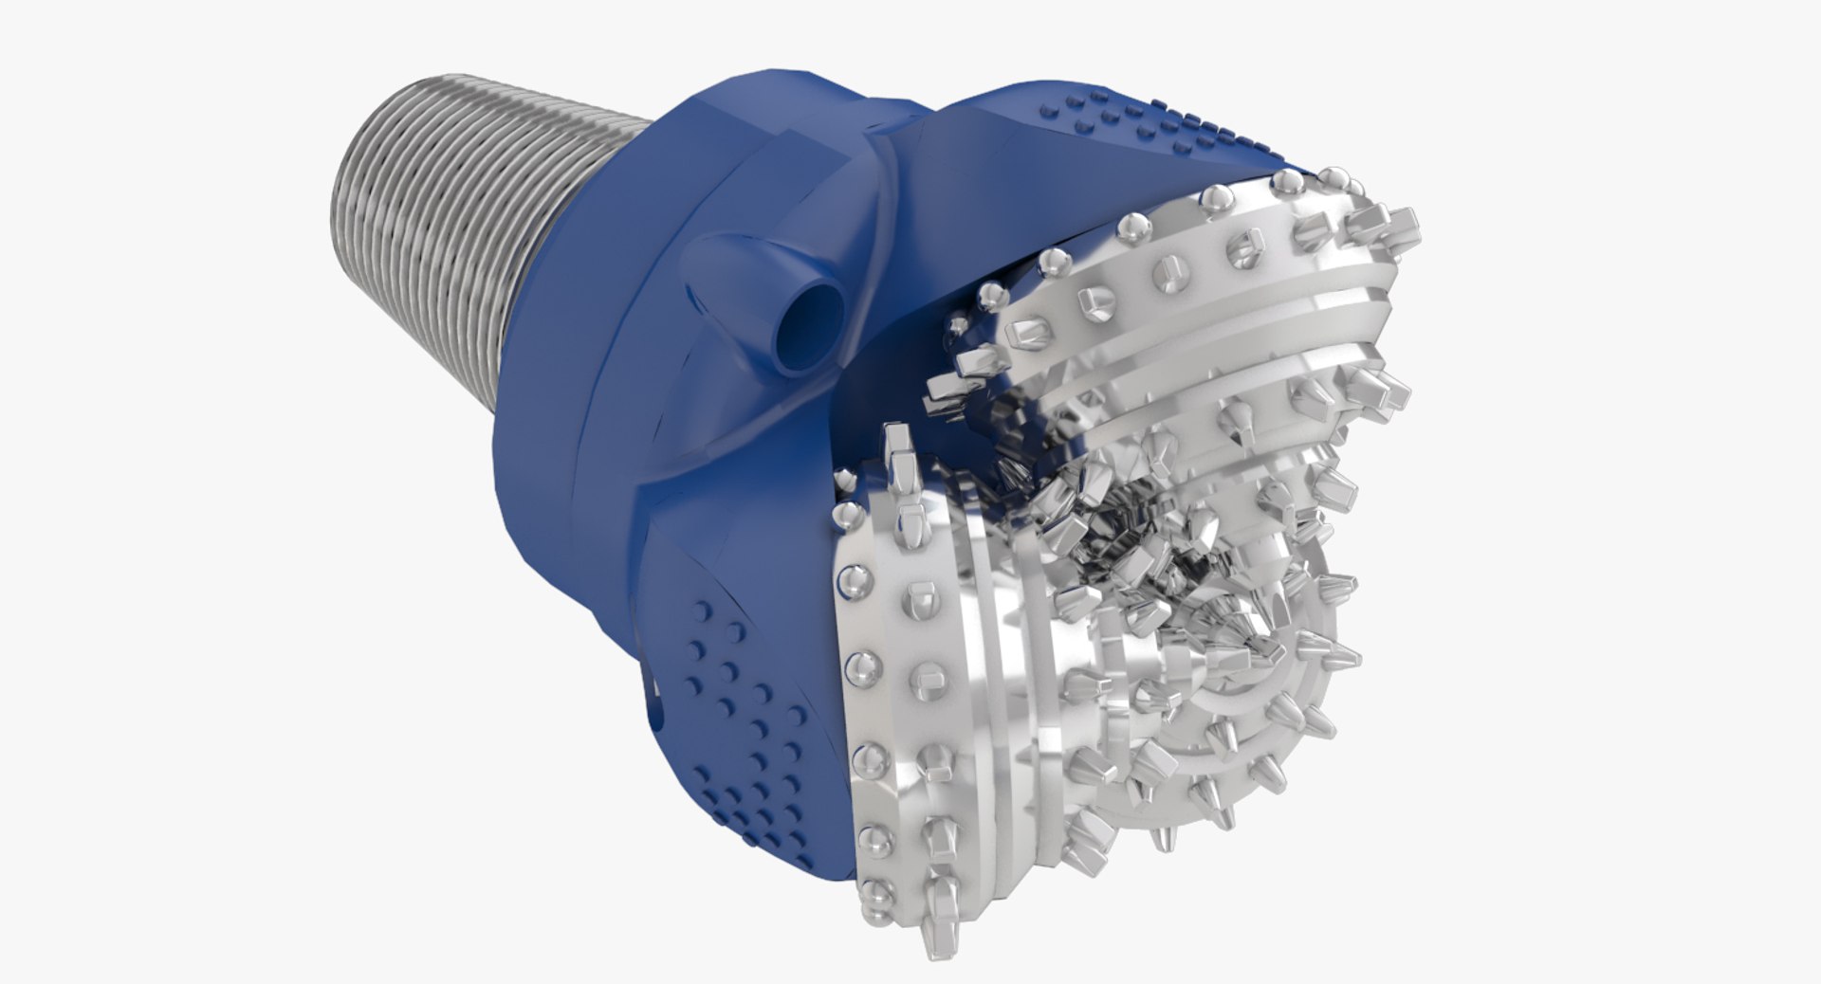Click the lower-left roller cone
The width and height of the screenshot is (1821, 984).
click(948, 711)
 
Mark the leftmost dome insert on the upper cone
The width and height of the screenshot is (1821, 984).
click(989, 294)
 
